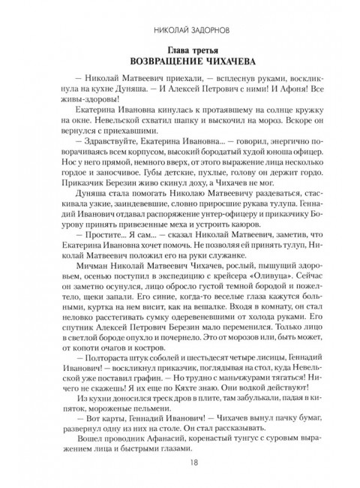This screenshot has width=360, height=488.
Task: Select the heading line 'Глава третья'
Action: point(180,51)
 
